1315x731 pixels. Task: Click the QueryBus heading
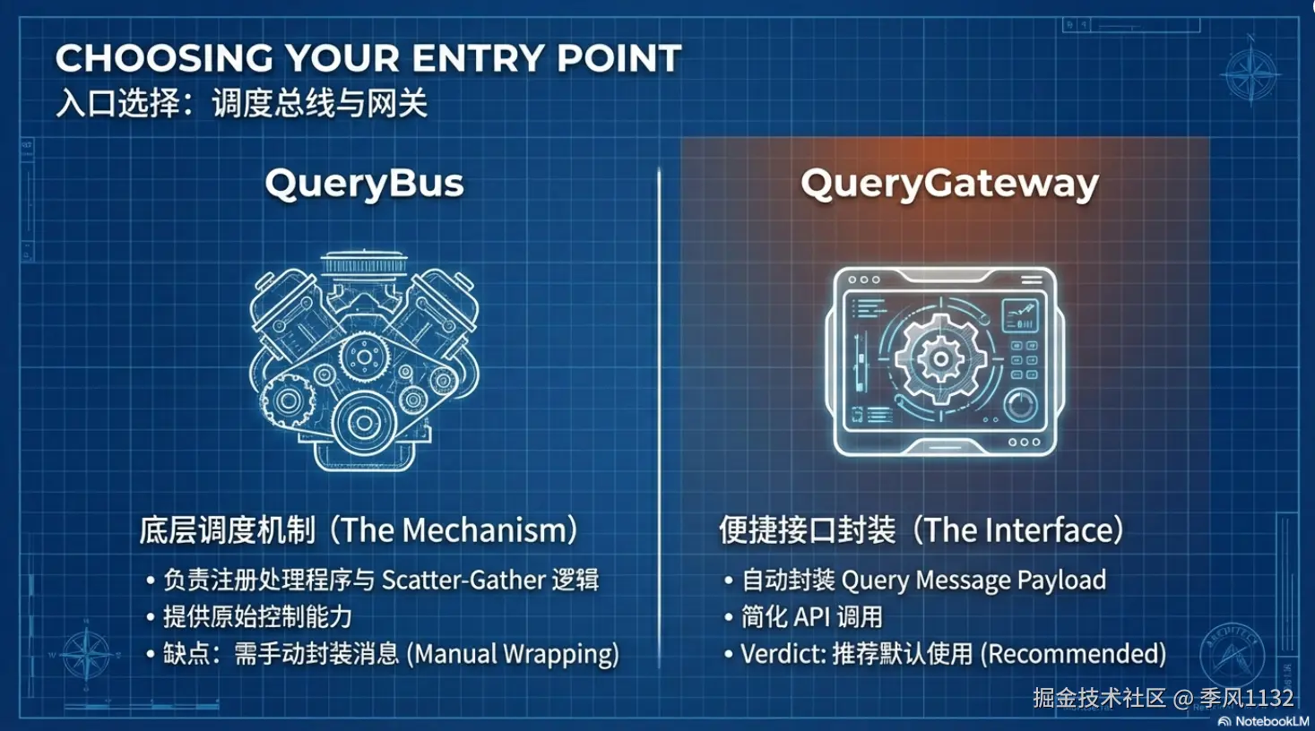[x=364, y=185]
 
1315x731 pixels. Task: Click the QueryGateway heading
[x=949, y=185]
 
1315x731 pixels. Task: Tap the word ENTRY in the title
[x=478, y=58]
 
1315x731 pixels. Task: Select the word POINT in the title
[x=619, y=58]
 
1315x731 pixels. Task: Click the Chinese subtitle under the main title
[x=242, y=103]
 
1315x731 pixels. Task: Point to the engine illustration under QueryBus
[x=364, y=361]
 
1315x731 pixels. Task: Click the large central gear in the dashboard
[x=940, y=358]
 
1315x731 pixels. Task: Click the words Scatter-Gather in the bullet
[x=463, y=580]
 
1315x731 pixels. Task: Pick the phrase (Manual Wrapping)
[x=513, y=654]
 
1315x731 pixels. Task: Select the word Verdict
[x=783, y=654]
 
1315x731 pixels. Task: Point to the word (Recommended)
[x=1074, y=654]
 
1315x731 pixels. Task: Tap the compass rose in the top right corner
[x=1250, y=73]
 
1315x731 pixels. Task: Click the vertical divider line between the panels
[x=659, y=417]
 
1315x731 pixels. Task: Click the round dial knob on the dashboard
[x=1021, y=405]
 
